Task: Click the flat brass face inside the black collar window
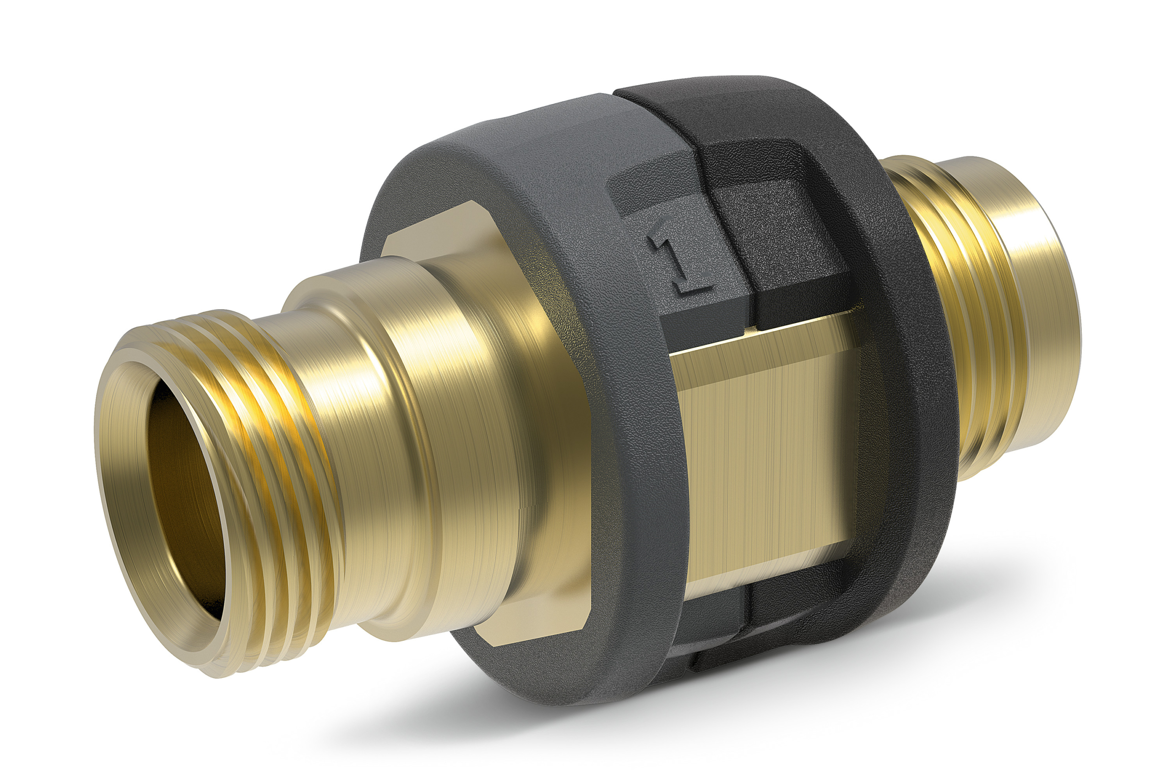[762, 449]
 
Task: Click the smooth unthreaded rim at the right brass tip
[1052, 309]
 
